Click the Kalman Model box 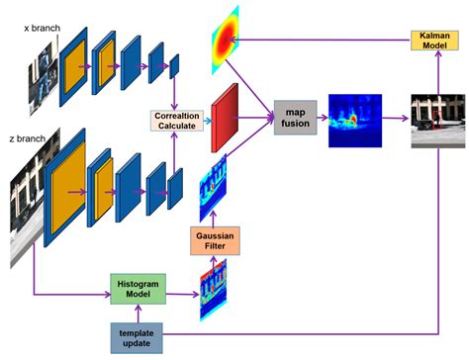pos(435,42)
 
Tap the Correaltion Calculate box pos(176,121)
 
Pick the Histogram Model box pos(136,291)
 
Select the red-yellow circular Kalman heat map pos(227,37)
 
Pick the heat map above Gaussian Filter pos(212,183)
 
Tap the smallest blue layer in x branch pos(175,66)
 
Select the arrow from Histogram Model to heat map pos(179,292)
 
